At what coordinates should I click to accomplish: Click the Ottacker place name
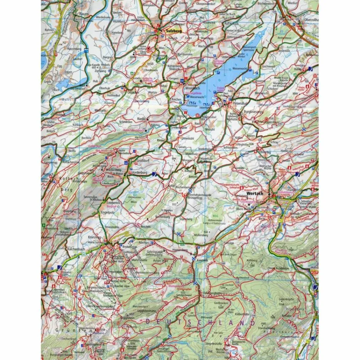tap(133, 92)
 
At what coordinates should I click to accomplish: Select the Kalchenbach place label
tap(76, 249)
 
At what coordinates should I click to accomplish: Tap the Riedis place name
tap(141, 118)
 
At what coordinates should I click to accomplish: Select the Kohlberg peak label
tap(252, 261)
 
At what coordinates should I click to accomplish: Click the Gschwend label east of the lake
tap(268, 66)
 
